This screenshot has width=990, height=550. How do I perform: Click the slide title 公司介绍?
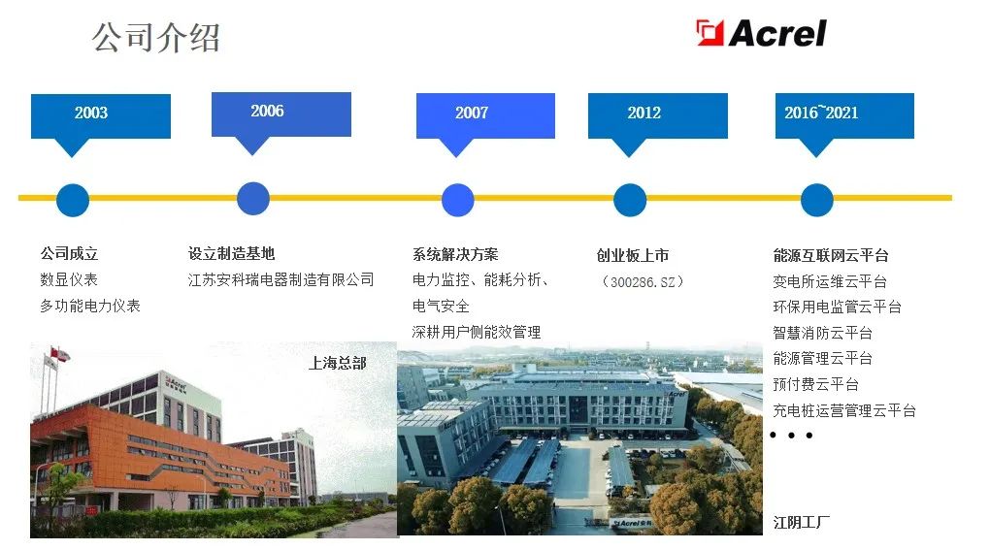click(x=156, y=38)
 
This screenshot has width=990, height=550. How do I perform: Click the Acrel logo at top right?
click(x=761, y=33)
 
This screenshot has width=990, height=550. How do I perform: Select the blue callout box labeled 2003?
click(x=100, y=114)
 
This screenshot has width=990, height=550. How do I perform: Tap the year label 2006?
click(x=267, y=112)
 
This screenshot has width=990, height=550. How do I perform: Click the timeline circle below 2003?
click(x=73, y=200)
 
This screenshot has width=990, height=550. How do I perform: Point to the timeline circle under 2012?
click(x=629, y=200)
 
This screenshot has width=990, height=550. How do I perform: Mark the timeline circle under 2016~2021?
click(x=816, y=200)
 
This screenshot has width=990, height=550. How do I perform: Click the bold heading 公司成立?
click(x=69, y=253)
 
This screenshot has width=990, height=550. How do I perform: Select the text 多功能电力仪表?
click(x=89, y=306)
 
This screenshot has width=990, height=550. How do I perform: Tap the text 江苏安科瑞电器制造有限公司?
click(x=280, y=279)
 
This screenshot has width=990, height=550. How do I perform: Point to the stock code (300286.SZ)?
click(x=643, y=281)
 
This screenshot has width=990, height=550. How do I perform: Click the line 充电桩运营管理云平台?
click(x=843, y=410)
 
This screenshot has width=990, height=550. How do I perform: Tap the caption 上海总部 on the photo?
click(x=337, y=363)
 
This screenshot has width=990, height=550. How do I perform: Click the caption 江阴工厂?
click(x=801, y=522)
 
